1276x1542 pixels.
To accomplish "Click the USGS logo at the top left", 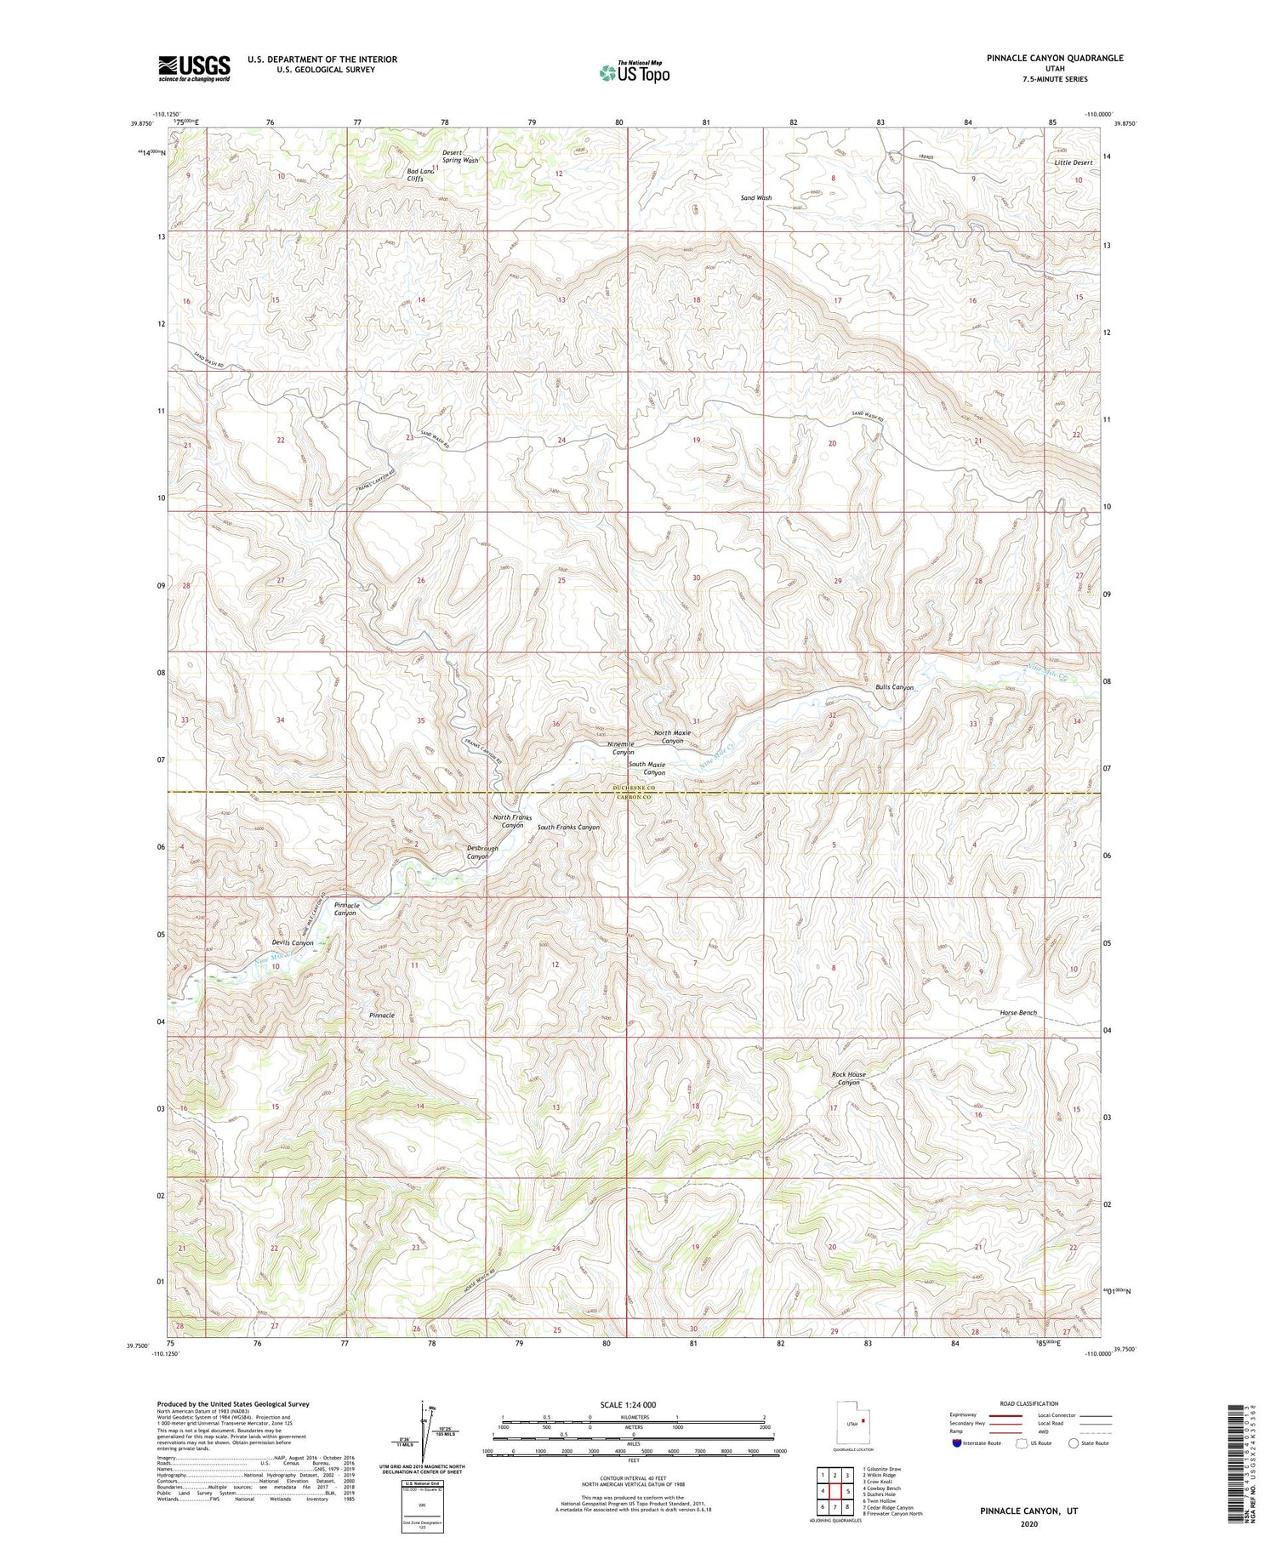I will pos(194,68).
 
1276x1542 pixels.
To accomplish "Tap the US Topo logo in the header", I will pos(634,73).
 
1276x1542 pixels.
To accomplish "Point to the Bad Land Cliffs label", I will pos(420,175).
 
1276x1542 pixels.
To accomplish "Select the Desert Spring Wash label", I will pos(460,156).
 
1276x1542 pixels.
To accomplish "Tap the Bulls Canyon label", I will pos(894,687).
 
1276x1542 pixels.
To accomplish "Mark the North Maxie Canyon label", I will pos(672,737).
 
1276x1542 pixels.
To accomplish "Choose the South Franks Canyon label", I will pos(568,827).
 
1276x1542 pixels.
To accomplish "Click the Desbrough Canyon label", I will pos(482,852).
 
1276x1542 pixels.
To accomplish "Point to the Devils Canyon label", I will pos(293,942).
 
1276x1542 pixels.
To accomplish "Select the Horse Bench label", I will pos(1018,1013).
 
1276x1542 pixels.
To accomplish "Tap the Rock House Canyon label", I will pos(848,1078).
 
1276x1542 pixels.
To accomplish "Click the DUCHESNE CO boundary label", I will pos(630,788).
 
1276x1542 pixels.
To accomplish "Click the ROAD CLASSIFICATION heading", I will pos(1029,1403).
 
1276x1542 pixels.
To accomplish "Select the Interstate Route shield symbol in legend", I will pos(957,1443).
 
